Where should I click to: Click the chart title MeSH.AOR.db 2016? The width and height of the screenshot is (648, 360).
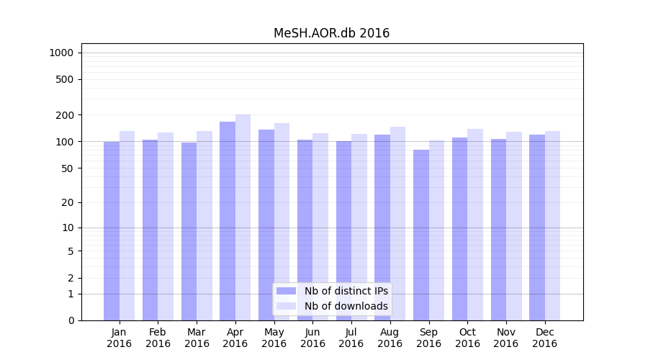point(331,33)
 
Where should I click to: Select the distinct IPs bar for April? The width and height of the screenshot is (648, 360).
point(228,221)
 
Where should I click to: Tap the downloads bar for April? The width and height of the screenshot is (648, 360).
point(243,217)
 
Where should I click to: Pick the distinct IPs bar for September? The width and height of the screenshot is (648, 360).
point(421,235)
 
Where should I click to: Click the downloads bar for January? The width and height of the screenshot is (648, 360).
point(127,225)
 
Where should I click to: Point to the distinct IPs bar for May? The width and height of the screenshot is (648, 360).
point(266,225)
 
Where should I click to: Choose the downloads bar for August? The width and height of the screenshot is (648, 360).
point(398,223)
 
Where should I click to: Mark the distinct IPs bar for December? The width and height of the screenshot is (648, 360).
point(537,228)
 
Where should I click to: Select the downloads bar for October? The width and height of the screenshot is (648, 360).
point(475,225)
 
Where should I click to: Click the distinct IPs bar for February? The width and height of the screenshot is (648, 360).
point(150,230)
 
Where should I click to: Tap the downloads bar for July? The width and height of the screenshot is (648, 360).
point(359,227)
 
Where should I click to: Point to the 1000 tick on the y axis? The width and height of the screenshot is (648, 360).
point(61,53)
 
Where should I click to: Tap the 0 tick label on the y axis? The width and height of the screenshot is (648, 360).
point(71,320)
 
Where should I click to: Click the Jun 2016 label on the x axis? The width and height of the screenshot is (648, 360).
point(312,338)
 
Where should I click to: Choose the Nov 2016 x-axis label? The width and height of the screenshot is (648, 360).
point(506,338)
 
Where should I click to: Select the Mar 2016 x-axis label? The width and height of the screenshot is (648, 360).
point(197,338)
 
